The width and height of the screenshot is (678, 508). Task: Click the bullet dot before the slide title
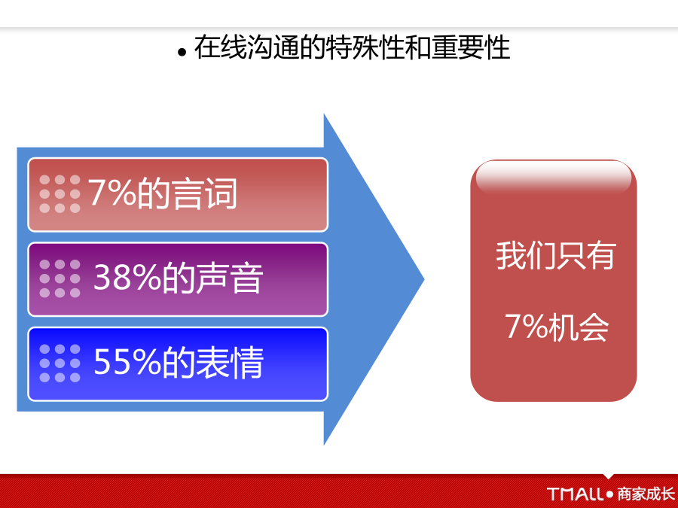coord(182,52)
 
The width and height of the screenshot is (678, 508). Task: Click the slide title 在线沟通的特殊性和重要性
coord(352,47)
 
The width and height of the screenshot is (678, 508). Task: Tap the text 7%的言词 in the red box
coord(163,193)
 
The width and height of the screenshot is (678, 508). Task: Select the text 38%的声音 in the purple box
coord(178,278)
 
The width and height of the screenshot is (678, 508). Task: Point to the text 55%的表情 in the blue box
coord(178,363)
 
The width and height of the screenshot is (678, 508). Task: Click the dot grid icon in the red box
coord(60,194)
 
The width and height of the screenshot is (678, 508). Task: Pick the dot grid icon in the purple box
coord(60,278)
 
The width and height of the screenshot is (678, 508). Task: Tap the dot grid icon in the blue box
coord(60,364)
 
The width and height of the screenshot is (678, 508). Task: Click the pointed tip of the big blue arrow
coord(423,279)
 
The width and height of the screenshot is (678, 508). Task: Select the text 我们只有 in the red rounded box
coord(556,256)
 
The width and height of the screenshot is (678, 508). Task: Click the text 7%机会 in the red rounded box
coord(557,327)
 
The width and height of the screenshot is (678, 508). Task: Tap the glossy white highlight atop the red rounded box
coord(554,177)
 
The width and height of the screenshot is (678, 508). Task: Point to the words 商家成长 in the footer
coord(646,494)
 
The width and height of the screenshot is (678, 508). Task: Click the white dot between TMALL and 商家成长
coord(610,494)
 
